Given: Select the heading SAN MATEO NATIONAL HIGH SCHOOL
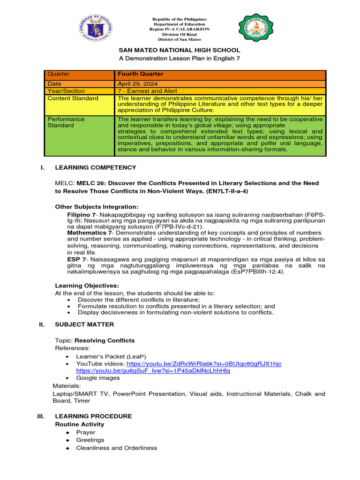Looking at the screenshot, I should point(180,50).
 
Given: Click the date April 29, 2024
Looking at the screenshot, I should point(136,83).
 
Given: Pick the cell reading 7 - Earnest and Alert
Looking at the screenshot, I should point(148,91).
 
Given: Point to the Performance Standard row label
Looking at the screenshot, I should point(66,122).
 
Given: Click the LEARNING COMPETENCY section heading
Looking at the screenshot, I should point(96,167).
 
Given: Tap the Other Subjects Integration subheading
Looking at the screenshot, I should point(97,206).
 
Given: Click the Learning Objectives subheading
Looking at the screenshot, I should point(87,285).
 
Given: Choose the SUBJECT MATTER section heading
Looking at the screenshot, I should point(84,324).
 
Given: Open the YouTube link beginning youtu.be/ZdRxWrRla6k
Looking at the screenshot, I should point(204,364).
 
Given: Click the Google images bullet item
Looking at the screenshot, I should point(98,378).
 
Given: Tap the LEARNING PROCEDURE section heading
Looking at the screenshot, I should point(93,416).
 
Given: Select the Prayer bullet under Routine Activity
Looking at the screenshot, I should point(86,432).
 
